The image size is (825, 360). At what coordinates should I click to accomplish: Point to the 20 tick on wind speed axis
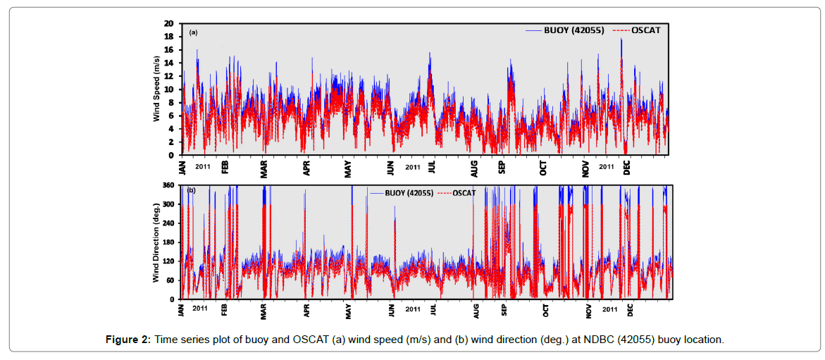(x=169, y=23)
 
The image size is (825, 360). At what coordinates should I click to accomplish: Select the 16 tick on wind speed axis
(x=169, y=50)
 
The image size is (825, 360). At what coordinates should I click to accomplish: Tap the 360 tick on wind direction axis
(x=168, y=185)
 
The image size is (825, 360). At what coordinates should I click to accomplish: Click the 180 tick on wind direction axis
(x=168, y=242)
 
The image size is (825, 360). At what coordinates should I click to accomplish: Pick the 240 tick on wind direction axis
(x=168, y=223)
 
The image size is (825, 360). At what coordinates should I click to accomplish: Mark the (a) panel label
(x=193, y=32)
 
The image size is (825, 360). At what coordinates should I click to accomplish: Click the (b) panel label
(x=191, y=190)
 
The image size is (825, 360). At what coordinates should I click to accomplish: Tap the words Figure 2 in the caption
(x=128, y=340)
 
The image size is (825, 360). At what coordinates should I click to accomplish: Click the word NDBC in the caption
(x=599, y=340)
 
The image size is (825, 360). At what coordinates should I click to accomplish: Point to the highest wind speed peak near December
(x=621, y=39)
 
